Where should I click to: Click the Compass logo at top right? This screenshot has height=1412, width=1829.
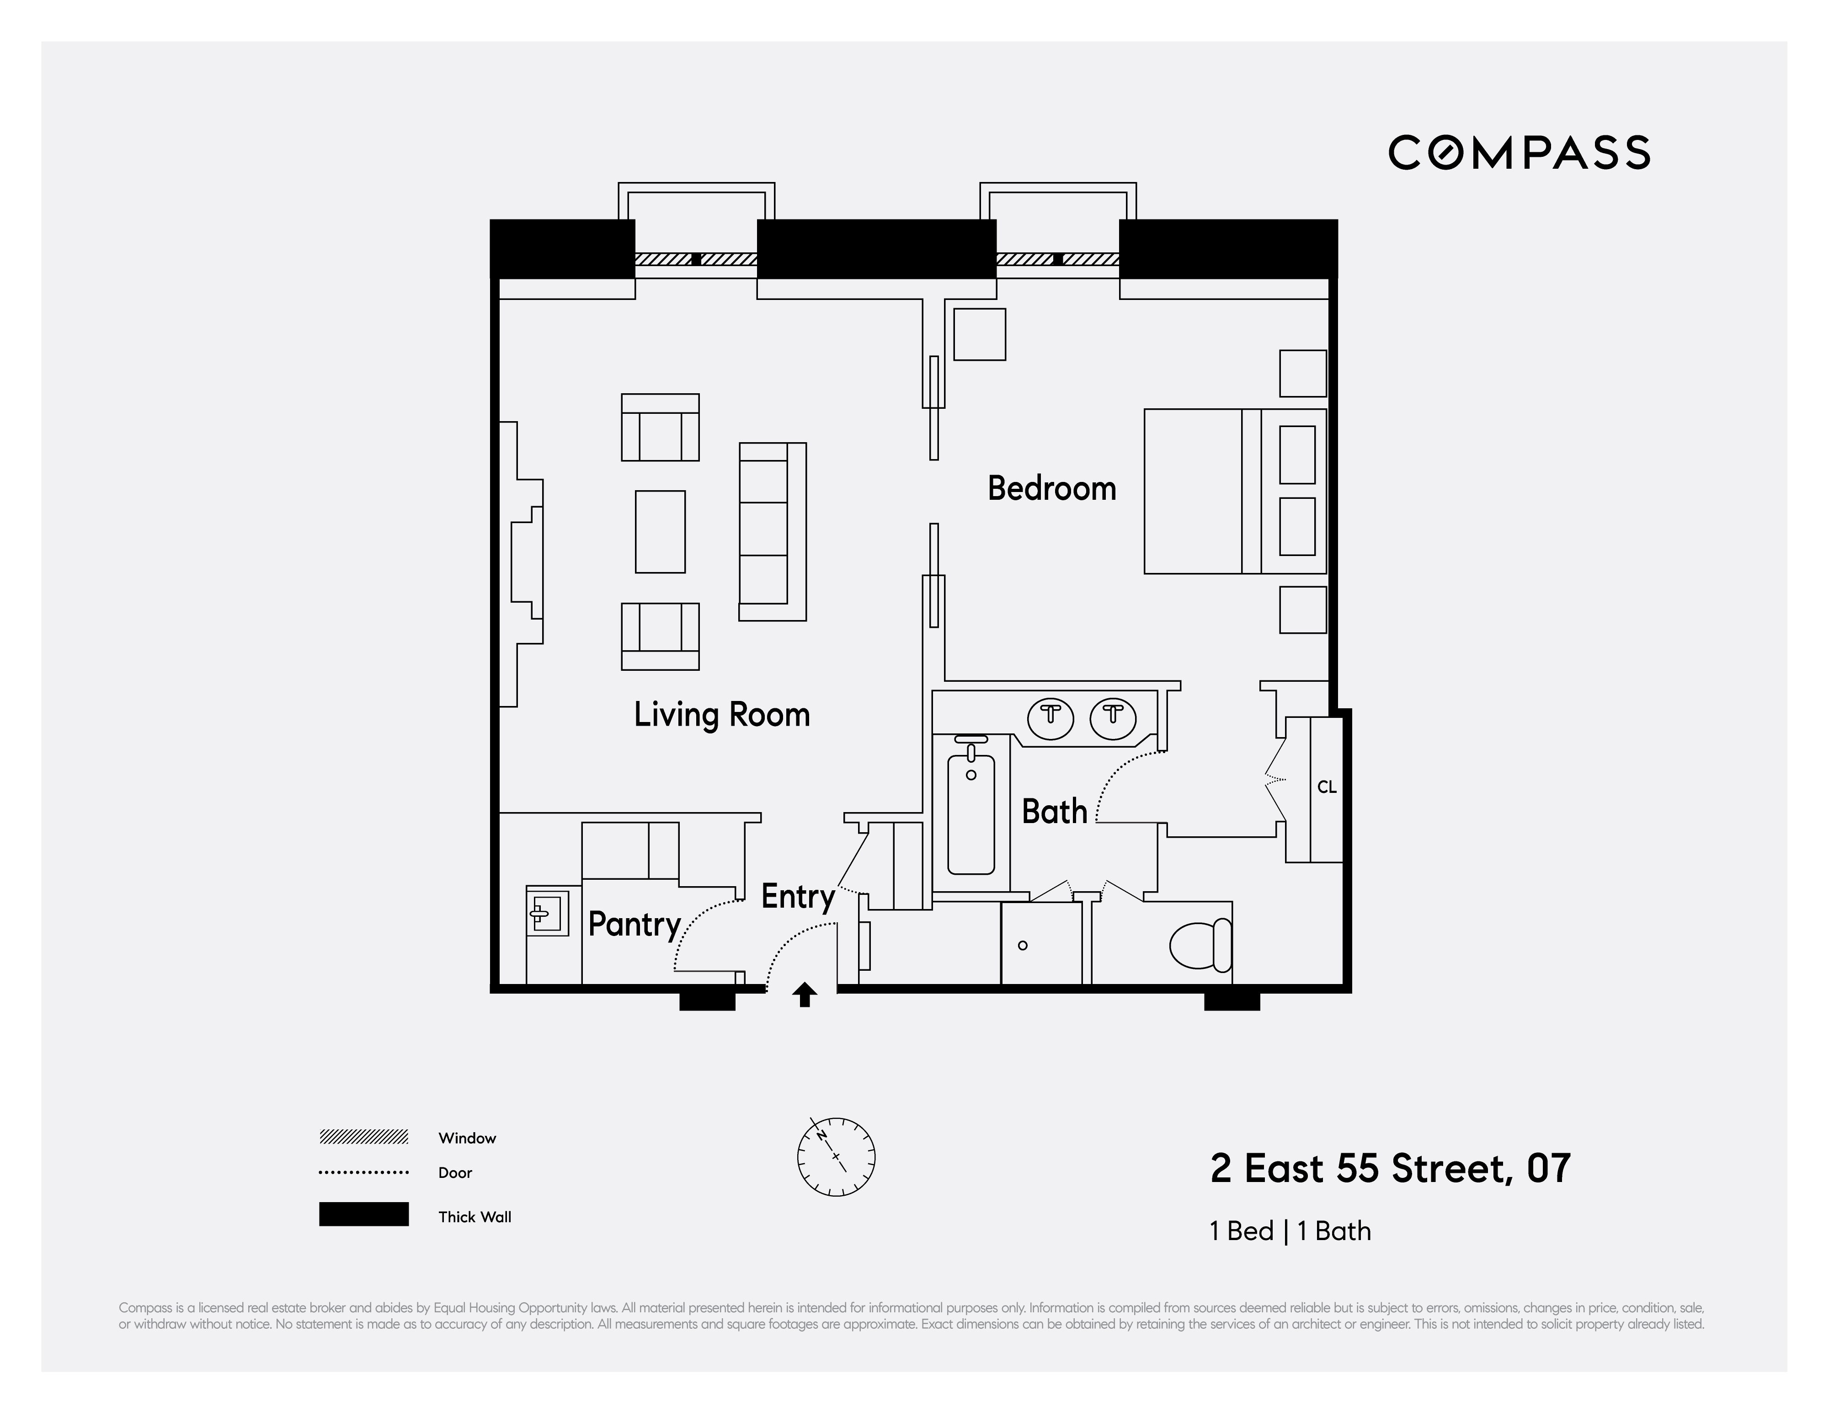coord(1518,152)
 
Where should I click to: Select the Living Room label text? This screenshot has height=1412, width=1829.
coord(721,714)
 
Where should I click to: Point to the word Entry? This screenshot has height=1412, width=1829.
coord(797,896)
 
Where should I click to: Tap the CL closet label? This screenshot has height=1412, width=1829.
coord(1327,787)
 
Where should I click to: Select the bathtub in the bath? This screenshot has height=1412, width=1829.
coord(970,813)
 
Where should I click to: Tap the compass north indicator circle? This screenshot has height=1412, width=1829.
coord(836,1156)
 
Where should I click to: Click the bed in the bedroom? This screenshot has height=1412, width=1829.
coord(1233,492)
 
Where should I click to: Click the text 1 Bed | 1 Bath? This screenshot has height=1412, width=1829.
coord(1290,1231)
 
